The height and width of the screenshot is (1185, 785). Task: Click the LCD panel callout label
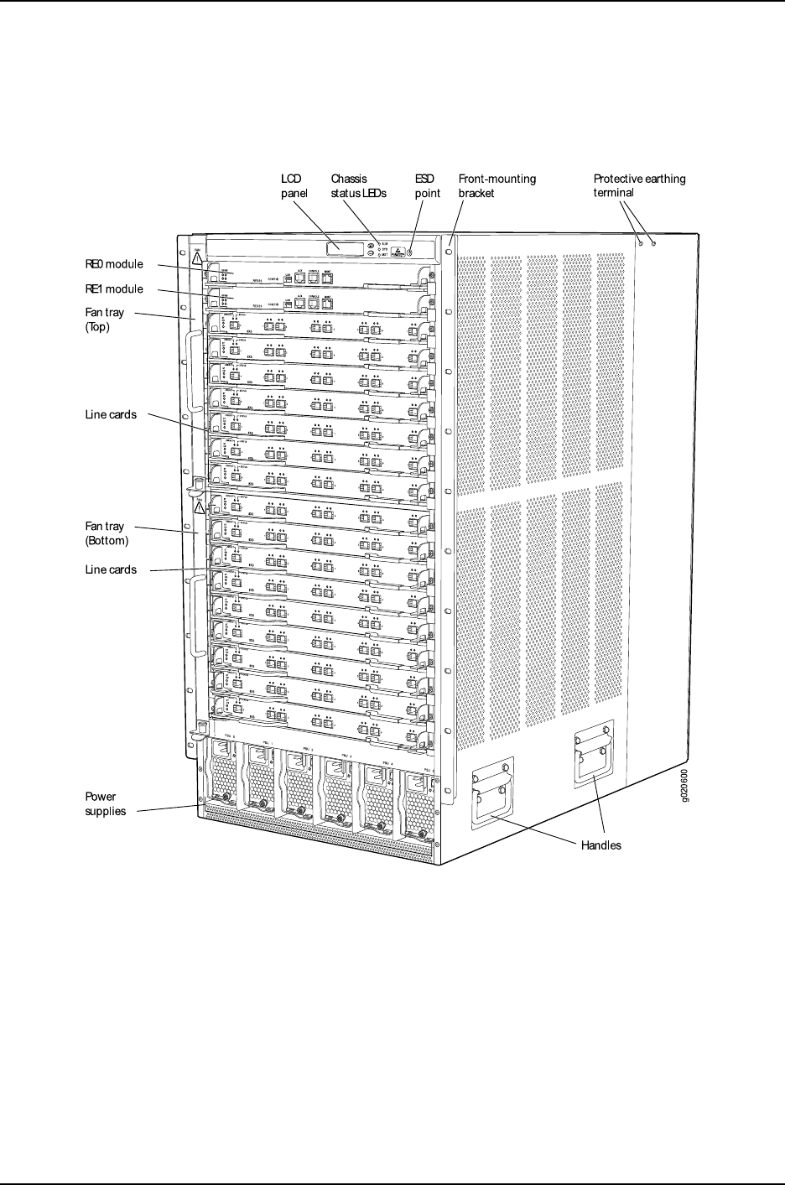pos(294,185)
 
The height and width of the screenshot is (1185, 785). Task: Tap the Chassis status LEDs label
pos(359,185)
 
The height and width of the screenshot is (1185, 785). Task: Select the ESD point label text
pos(428,185)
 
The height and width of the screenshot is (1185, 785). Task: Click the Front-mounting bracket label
pos(496,185)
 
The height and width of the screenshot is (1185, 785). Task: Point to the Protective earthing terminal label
pos(639,185)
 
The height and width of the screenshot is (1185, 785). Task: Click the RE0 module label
pos(114,263)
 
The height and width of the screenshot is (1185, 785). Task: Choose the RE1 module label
pos(114,288)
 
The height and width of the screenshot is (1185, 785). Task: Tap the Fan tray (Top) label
pos(105,320)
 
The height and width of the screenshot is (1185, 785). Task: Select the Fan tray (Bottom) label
pos(107,533)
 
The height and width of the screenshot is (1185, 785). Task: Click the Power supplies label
pos(106,803)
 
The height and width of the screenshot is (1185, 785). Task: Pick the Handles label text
pos(601,845)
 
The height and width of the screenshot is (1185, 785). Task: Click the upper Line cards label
pos(111,414)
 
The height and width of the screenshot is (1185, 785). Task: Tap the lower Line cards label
pos(111,569)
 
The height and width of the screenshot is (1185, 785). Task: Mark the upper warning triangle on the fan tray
pos(197,259)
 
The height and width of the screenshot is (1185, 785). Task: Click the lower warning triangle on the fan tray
pos(200,508)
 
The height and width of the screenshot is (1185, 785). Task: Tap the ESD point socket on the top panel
pos(410,248)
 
